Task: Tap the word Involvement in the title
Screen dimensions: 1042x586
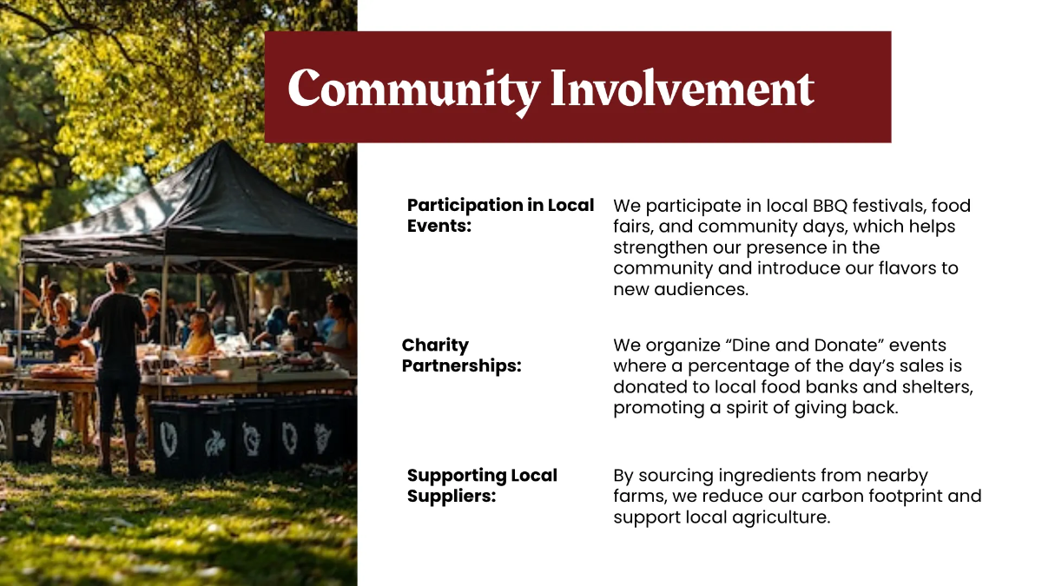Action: tap(683, 88)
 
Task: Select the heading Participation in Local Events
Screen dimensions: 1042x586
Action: tap(500, 215)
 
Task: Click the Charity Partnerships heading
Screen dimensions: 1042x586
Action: tap(461, 355)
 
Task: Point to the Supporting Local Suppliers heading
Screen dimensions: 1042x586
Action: tap(482, 485)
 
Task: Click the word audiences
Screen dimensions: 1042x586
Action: tap(701, 289)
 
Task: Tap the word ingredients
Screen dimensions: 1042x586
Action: tap(767, 476)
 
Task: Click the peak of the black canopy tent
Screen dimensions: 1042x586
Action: tap(222, 142)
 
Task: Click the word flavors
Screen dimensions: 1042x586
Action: tap(907, 268)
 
